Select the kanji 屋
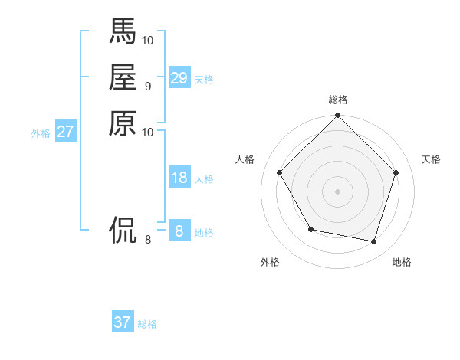click(x=123, y=77)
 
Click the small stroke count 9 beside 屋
click(x=148, y=86)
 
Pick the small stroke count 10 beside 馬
click(x=148, y=40)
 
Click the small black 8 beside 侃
click(x=148, y=240)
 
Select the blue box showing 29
click(x=179, y=78)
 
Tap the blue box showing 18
click(x=179, y=178)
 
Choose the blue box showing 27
click(x=66, y=132)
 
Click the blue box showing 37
click(x=123, y=322)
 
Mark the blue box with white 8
click(x=179, y=231)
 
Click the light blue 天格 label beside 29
click(x=204, y=80)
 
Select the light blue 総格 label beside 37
click(x=147, y=324)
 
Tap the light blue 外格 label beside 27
click(x=41, y=133)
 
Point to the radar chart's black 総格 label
click(x=337, y=100)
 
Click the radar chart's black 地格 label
click(x=402, y=263)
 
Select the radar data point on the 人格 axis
click(x=280, y=172)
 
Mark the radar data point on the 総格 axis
click(x=337, y=116)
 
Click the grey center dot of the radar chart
click(x=337, y=191)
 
